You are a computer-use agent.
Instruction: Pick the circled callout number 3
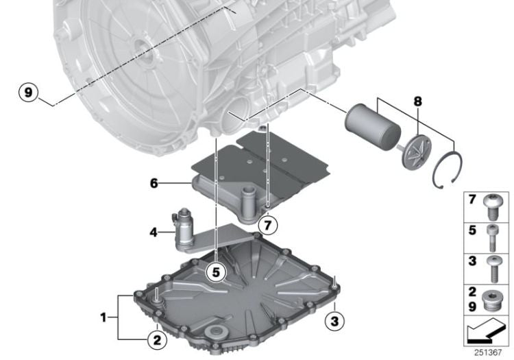[334, 320]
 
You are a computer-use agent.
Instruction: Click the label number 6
[155, 183]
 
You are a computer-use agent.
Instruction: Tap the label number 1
[105, 317]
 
